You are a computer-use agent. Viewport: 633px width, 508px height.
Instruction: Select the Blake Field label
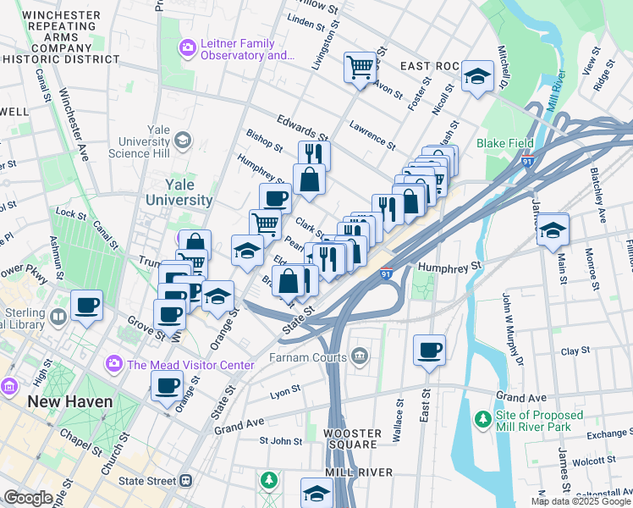point(504,143)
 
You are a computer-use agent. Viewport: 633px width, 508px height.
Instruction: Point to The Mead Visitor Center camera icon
point(113,364)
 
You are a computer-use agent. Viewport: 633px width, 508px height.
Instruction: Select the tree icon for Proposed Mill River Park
point(482,419)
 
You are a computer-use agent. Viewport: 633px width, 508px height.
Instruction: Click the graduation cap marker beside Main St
point(553,229)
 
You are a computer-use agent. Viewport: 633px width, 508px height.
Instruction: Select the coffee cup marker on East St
point(429,349)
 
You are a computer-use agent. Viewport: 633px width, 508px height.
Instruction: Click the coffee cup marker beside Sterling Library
point(86,305)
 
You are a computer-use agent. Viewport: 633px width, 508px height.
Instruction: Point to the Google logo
point(28,498)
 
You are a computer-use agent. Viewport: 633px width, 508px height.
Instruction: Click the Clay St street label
point(575,351)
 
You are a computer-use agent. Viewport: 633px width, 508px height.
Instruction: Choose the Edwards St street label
point(300,127)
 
